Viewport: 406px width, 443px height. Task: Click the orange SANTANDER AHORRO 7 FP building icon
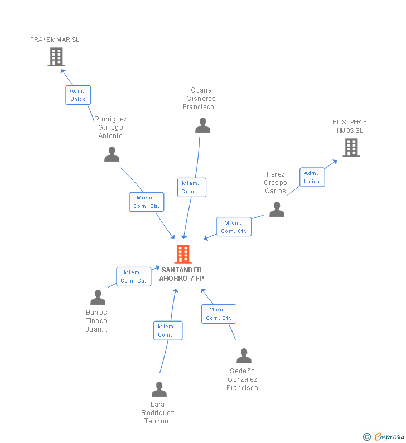tap(183, 254)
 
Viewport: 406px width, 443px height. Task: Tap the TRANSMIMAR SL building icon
tap(56, 57)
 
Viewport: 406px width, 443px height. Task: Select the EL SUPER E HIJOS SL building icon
tap(351, 148)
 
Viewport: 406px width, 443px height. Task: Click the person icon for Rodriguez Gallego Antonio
tap(112, 154)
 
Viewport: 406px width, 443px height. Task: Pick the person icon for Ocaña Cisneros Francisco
tap(202, 125)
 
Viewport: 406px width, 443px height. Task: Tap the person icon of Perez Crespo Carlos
tap(277, 210)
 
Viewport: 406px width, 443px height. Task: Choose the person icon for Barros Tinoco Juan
tap(98, 298)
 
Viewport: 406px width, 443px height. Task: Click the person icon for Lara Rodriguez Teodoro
tap(159, 389)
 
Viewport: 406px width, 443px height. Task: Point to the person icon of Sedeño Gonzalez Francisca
tap(244, 356)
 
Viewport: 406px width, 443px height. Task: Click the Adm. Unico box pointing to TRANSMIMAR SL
tap(78, 95)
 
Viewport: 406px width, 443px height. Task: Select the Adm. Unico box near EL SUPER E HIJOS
tap(312, 177)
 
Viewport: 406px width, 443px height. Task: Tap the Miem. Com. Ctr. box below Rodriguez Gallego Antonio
tap(147, 202)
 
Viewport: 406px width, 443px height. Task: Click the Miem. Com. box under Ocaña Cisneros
tap(192, 187)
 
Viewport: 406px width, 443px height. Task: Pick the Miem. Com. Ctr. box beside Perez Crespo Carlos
tap(234, 227)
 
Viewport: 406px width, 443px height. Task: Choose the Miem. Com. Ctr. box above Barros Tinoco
tap(133, 276)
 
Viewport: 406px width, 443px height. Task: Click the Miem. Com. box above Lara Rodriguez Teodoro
tap(168, 330)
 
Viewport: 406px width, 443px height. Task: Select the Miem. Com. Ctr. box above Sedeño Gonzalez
tap(219, 314)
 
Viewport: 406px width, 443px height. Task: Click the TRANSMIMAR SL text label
tap(55, 40)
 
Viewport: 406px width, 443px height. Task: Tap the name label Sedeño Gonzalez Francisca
tap(243, 379)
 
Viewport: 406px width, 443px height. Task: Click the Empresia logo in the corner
tap(385, 437)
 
